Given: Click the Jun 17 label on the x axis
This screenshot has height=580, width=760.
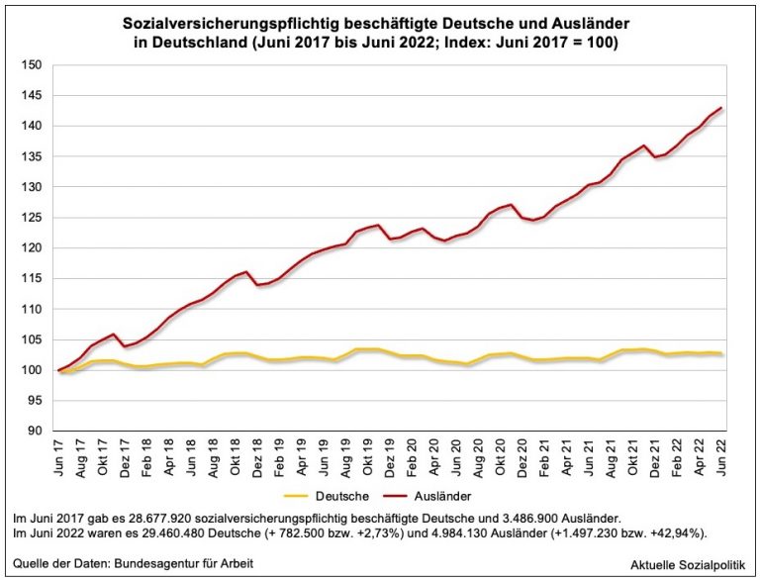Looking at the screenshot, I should [59, 457].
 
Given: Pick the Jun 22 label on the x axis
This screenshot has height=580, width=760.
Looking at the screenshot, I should [722, 457].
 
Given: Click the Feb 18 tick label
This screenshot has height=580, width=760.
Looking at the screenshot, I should [147, 457].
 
